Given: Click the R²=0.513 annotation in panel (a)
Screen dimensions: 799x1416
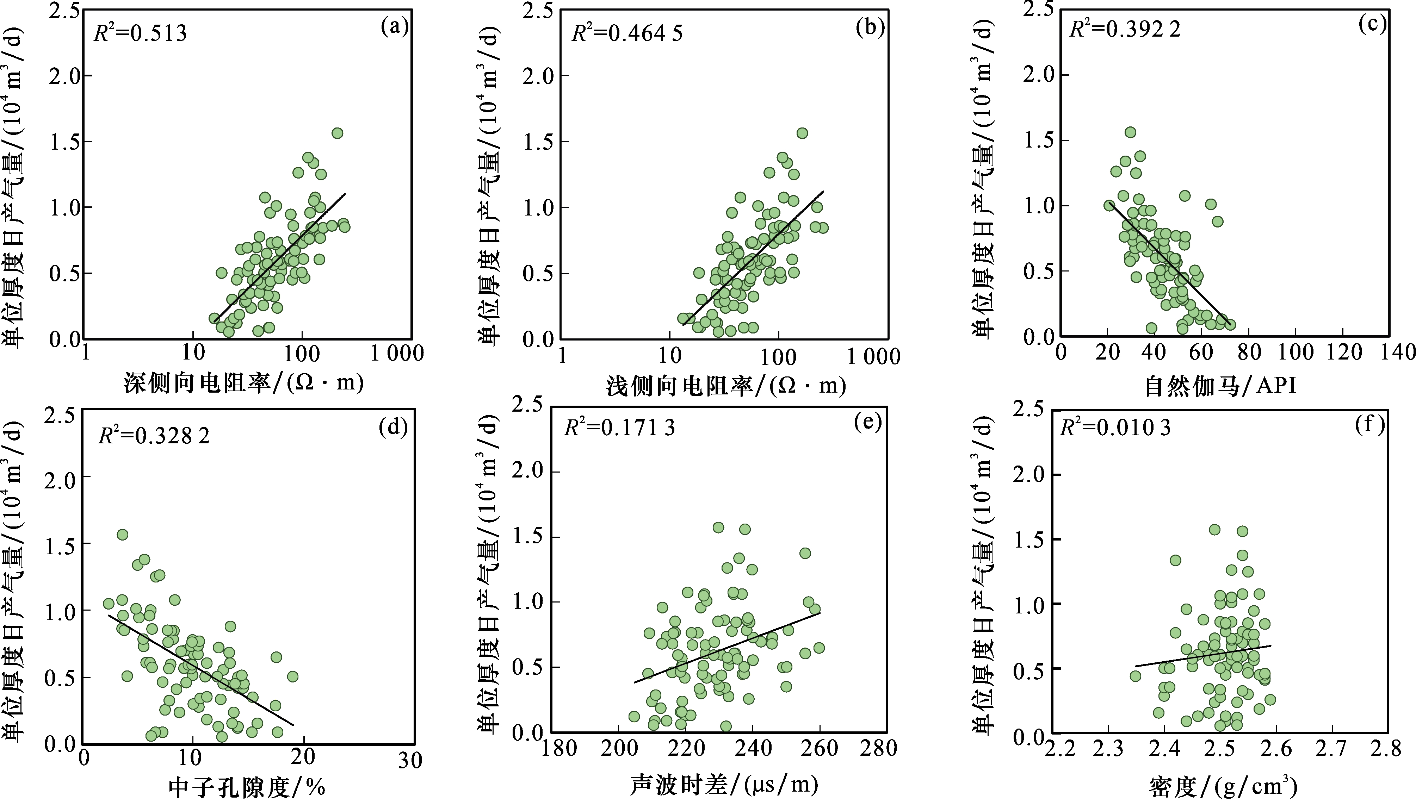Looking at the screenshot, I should (x=141, y=33).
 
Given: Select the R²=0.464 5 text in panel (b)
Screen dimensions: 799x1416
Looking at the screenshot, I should (x=627, y=33).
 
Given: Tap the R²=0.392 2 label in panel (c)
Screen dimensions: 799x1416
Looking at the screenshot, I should (x=1125, y=29).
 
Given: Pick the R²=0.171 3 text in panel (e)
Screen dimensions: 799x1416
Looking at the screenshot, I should (x=619, y=427).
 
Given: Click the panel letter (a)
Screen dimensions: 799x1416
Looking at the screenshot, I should (x=394, y=26).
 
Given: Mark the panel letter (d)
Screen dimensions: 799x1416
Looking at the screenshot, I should (x=393, y=427).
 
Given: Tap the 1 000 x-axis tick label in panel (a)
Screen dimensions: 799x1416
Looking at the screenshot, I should (x=397, y=353).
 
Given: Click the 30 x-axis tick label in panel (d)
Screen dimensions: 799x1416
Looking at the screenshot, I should (x=410, y=760).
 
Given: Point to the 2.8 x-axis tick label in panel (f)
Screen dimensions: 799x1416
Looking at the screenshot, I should (x=1385, y=748).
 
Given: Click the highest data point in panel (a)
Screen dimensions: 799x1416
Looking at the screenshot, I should (x=338, y=133).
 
